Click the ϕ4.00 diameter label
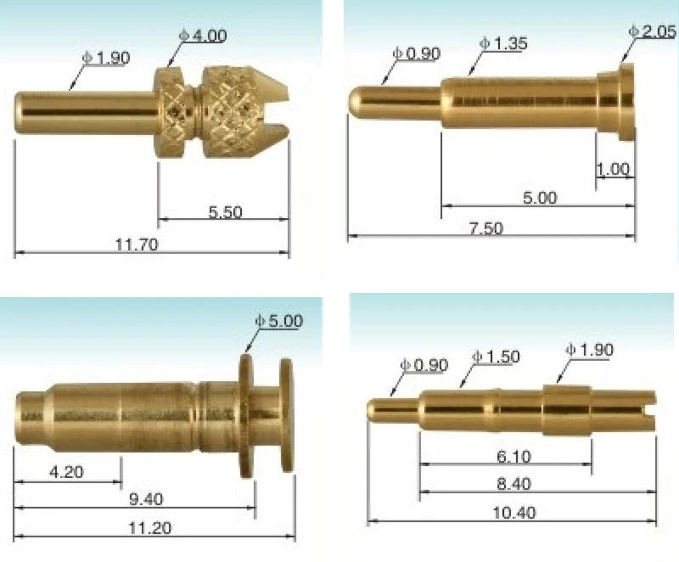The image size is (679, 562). click(203, 36)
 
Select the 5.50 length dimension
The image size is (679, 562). click(225, 212)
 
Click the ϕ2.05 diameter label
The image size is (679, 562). click(653, 31)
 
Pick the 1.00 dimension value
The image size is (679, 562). click(613, 170)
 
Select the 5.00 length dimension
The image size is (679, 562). click(539, 198)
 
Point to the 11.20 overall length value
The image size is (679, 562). click(149, 528)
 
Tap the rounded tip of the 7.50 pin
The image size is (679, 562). click(356, 101)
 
